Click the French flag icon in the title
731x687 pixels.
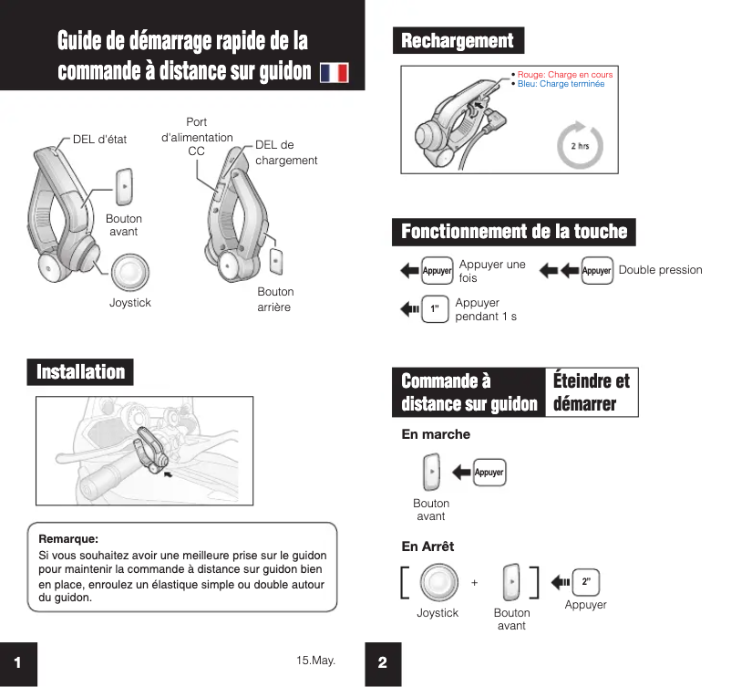point(335,73)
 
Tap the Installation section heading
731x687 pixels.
point(80,372)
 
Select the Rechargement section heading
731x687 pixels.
point(458,41)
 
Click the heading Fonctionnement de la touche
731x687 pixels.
point(514,232)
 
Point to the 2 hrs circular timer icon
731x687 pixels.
point(579,146)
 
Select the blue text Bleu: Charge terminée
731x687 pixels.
point(561,84)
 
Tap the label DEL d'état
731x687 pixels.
point(100,140)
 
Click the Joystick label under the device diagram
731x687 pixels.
point(130,302)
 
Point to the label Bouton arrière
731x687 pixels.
point(274,299)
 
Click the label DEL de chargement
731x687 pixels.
point(286,152)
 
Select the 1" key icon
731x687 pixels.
point(436,310)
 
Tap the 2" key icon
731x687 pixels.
point(586,581)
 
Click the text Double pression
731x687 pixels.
point(661,270)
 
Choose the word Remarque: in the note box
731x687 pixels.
point(68,539)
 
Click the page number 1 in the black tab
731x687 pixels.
point(17,663)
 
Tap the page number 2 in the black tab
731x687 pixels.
point(382,663)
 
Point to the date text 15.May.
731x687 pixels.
point(315,659)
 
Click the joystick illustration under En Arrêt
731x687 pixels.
point(438,582)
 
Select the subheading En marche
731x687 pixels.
point(436,434)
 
